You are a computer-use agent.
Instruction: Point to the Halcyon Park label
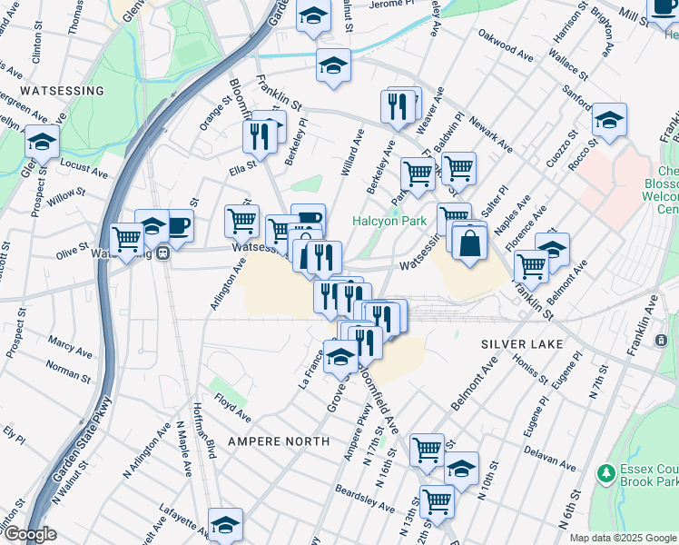(389, 222)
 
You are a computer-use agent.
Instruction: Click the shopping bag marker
(468, 244)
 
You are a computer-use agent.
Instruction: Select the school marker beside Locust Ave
(42, 143)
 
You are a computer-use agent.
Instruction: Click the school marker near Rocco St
(609, 121)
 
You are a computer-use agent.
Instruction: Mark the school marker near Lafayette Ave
(225, 524)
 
